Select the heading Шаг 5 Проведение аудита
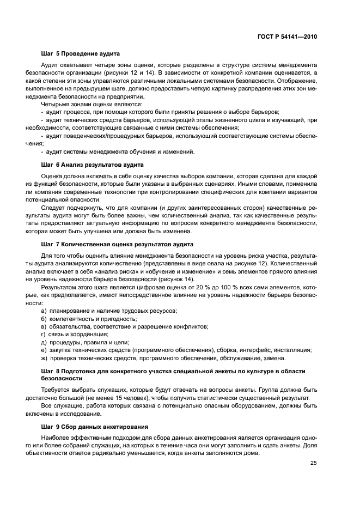(80, 53)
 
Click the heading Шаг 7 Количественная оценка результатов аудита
(117, 244)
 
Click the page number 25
(313, 463)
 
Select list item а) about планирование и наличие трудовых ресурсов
(109, 311)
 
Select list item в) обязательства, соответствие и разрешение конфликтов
(125, 326)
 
